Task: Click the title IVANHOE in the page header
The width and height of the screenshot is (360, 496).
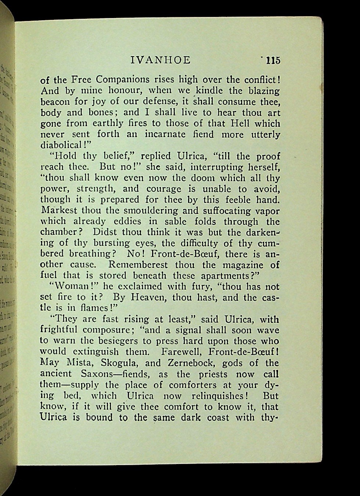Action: [x=161, y=60]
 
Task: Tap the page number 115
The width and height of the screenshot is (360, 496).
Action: [x=273, y=60]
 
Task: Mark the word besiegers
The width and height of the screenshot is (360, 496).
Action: [x=109, y=341]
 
